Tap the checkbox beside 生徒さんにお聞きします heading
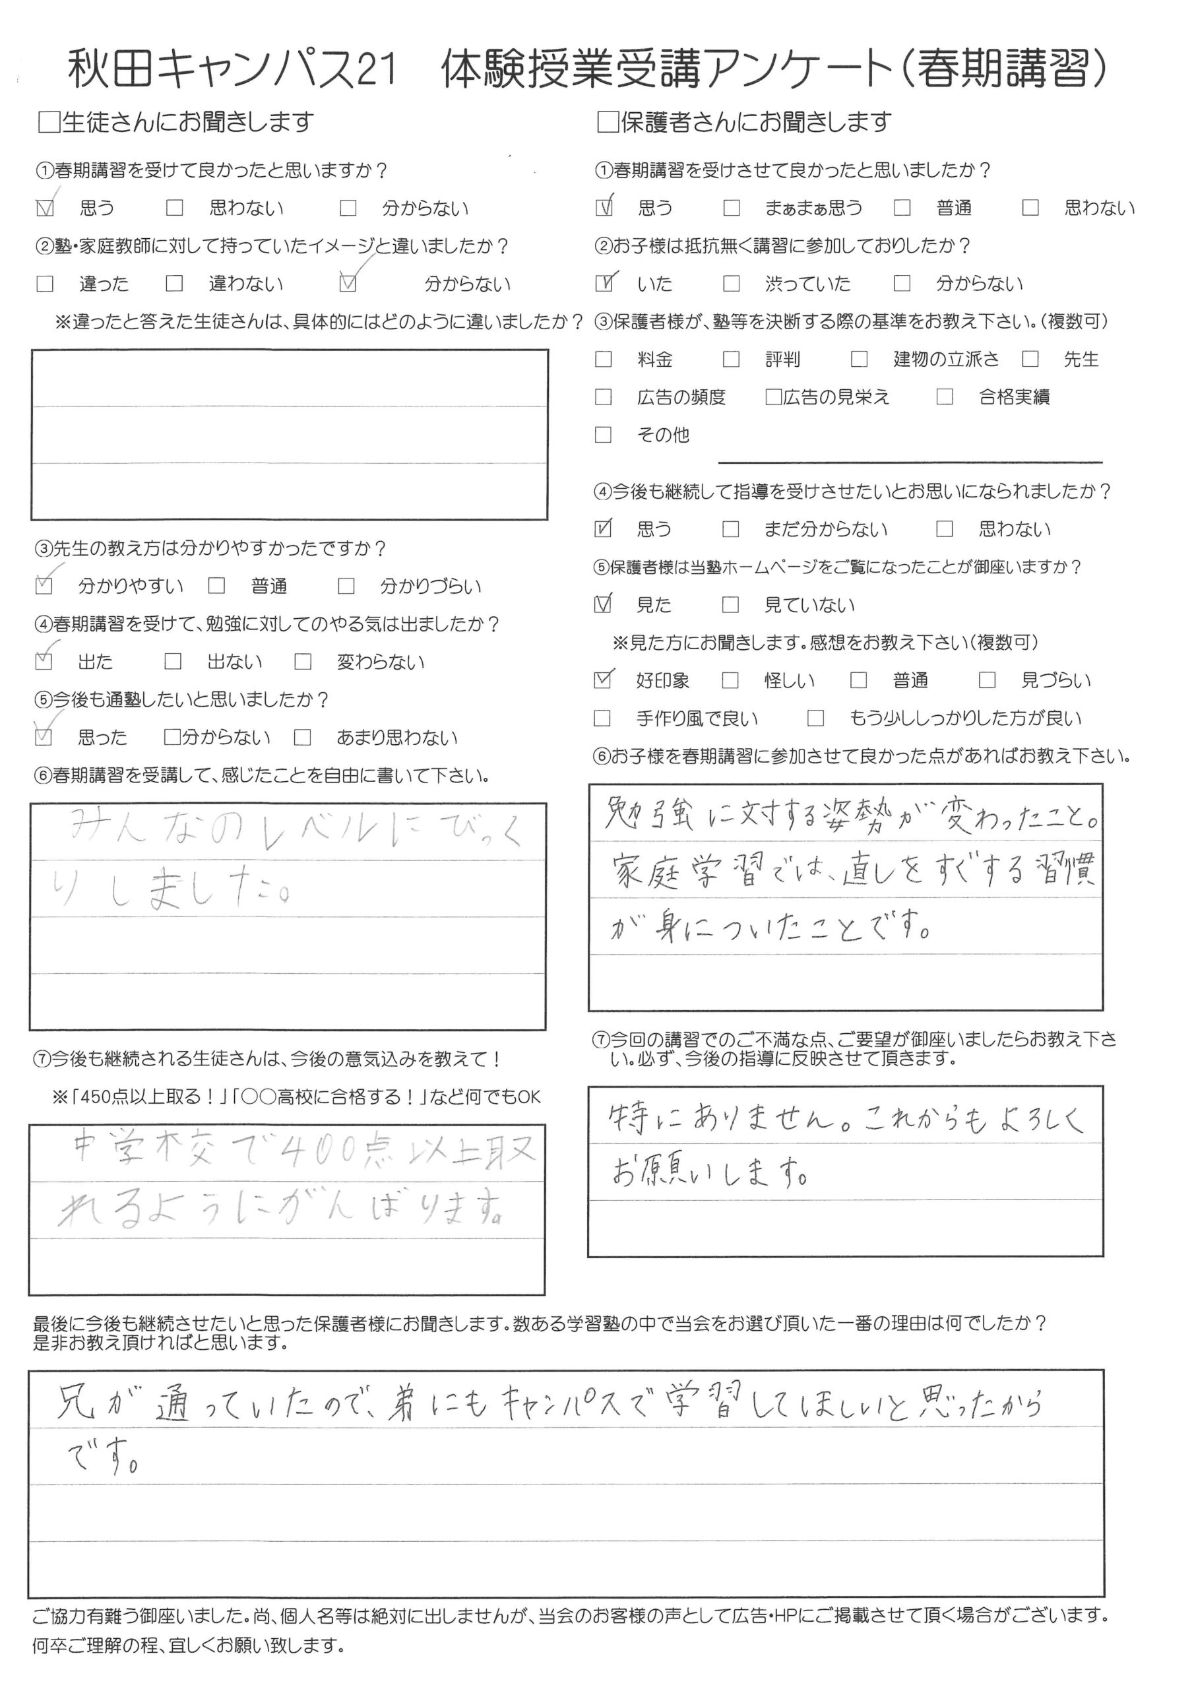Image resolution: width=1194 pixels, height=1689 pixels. pyautogui.click(x=49, y=122)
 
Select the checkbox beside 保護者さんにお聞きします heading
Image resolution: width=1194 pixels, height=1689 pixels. pyautogui.click(x=607, y=122)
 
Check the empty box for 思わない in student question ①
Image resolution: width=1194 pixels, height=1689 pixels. pyautogui.click(x=174, y=208)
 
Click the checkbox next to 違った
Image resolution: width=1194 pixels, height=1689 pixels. pyautogui.click(x=45, y=284)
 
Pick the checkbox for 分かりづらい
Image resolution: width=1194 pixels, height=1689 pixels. pyautogui.click(x=346, y=587)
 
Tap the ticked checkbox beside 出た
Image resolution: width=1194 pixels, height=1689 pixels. pyautogui.click(x=44, y=661)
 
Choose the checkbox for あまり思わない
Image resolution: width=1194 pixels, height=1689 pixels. pyautogui.click(x=302, y=737)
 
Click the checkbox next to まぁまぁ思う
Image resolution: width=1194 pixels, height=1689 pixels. pyautogui.click(x=732, y=208)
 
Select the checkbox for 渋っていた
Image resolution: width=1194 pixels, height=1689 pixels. pyautogui.click(x=732, y=284)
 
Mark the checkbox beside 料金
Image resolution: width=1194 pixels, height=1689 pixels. pyautogui.click(x=603, y=359)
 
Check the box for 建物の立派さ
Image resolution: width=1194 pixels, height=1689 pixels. pyautogui.click(x=858, y=359)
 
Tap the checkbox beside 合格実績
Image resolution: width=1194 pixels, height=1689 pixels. pyautogui.click(x=945, y=397)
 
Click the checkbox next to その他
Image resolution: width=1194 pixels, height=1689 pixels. pyautogui.click(x=603, y=435)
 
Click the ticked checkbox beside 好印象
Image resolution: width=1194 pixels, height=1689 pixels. pyautogui.click(x=603, y=680)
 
